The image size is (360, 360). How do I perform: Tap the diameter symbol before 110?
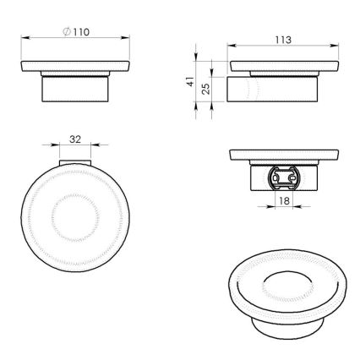point(68,31)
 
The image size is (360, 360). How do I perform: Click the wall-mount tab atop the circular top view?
point(74,163)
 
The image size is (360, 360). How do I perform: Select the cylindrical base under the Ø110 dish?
point(75,90)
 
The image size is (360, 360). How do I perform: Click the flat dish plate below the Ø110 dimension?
point(75,70)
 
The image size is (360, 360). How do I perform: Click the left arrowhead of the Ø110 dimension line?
point(21,39)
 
